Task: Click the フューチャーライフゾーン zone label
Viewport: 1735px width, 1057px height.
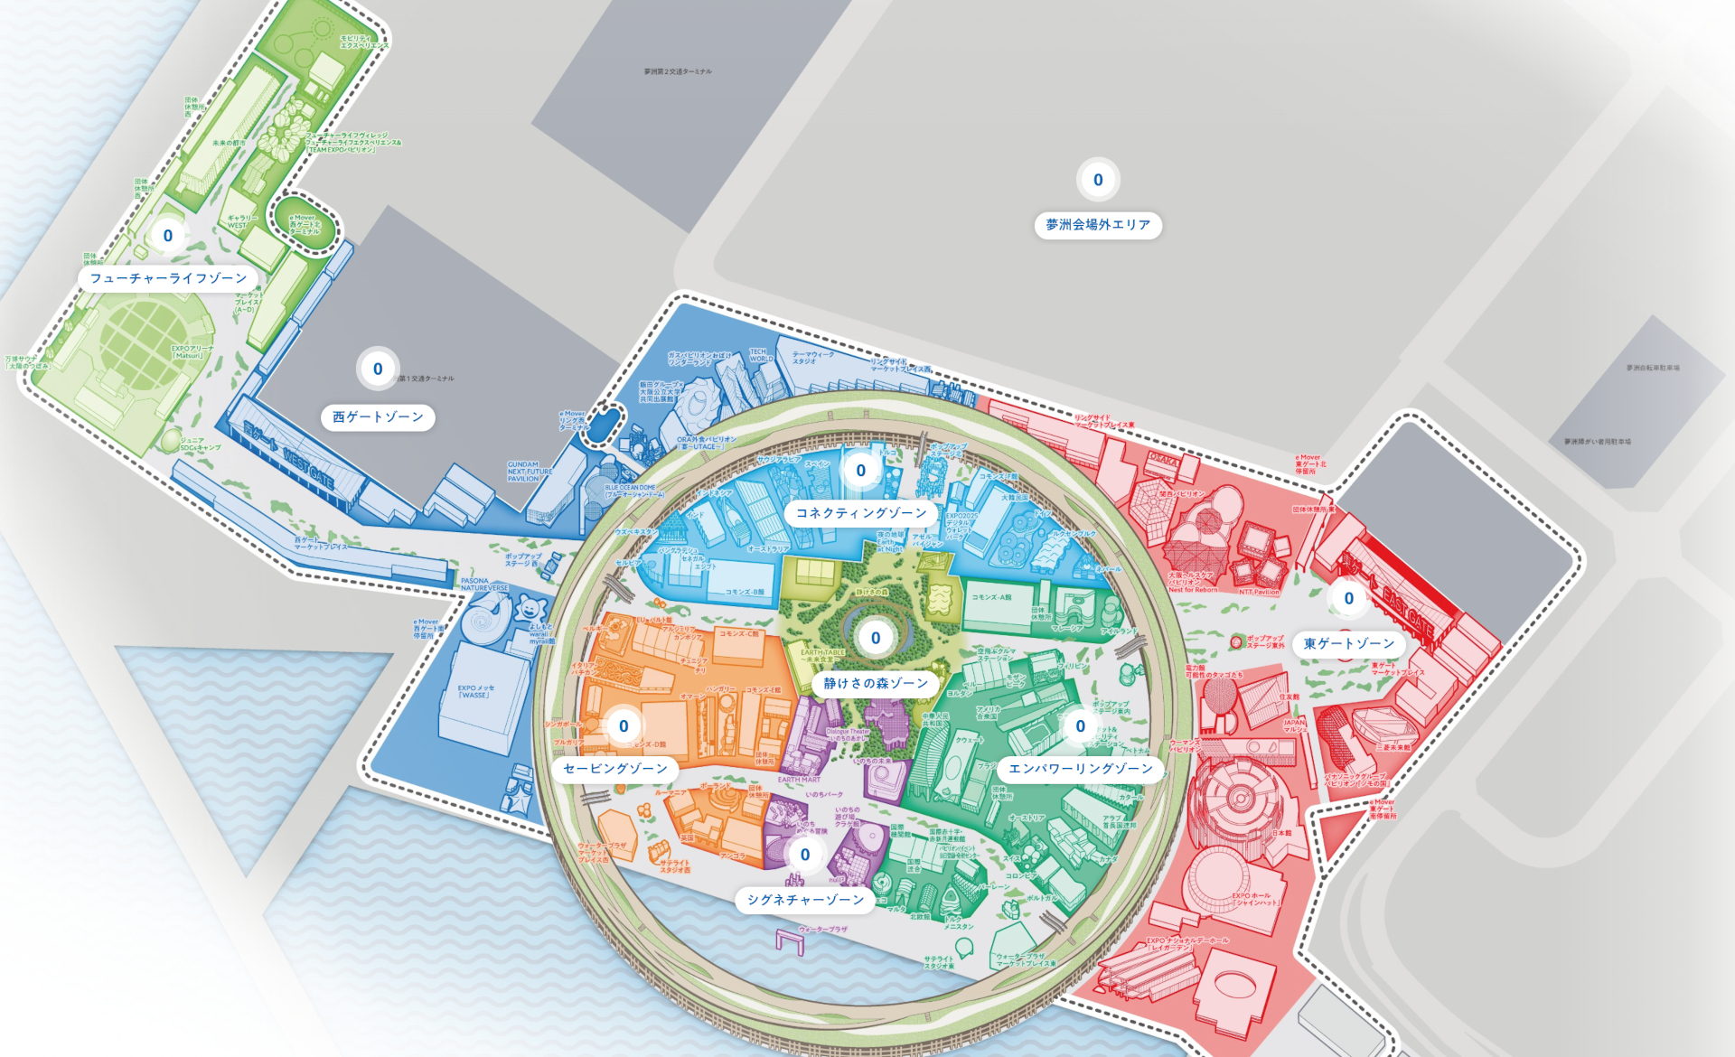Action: (x=168, y=278)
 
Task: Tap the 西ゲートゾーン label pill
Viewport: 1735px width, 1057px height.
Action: (x=378, y=417)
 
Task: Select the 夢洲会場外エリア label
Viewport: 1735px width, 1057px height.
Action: (x=1098, y=225)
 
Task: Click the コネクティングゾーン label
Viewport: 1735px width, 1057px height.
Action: (x=861, y=513)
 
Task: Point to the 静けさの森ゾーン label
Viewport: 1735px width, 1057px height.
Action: (x=876, y=684)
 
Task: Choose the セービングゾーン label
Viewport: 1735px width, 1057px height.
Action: (x=615, y=769)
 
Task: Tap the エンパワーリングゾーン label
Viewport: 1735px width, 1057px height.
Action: (x=1081, y=769)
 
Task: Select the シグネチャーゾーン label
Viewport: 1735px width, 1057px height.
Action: (x=805, y=900)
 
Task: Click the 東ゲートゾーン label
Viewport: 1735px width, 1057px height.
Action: (x=1349, y=644)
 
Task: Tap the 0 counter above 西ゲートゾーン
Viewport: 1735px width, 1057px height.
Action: (x=378, y=369)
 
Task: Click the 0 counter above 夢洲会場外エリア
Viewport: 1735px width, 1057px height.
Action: (x=1098, y=180)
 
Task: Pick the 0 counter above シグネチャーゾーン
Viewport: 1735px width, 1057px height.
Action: (x=805, y=855)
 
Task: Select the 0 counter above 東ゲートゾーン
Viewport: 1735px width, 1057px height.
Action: (x=1349, y=598)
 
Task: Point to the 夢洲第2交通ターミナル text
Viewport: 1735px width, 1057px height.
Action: (x=678, y=71)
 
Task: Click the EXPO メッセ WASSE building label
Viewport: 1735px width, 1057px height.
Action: (x=474, y=692)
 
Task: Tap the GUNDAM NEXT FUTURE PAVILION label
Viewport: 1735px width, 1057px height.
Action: (x=530, y=472)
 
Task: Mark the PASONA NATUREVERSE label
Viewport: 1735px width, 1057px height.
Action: (x=484, y=585)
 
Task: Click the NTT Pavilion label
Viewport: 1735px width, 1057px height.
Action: (x=1259, y=592)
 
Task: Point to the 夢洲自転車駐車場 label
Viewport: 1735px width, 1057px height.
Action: (x=1653, y=368)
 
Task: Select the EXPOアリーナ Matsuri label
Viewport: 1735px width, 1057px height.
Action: (x=192, y=351)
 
